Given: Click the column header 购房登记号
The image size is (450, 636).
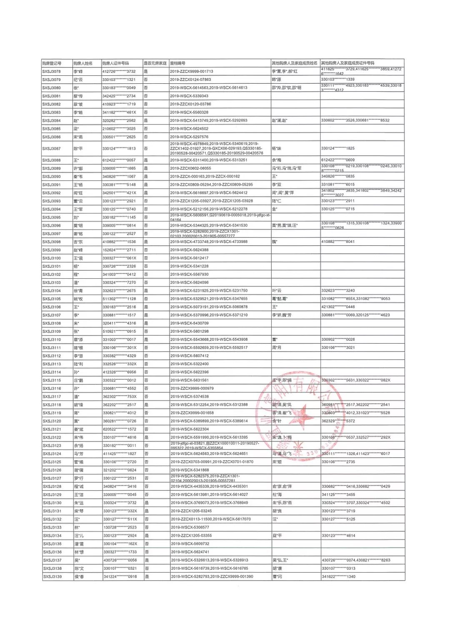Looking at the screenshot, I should tap(52, 63).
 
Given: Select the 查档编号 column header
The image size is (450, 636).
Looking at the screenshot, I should tap(178, 63).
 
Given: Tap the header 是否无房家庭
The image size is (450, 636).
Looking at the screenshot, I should tap(155, 63).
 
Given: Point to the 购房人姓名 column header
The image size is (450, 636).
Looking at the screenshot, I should tap(83, 63).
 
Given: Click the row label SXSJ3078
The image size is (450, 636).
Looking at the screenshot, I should tap(52, 72).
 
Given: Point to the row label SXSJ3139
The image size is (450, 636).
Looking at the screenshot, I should tap(52, 577).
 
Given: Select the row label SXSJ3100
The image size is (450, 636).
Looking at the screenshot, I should tap(52, 258).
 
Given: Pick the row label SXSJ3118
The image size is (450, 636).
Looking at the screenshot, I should tap(52, 405).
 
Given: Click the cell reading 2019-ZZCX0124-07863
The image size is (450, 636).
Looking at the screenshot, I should tap(190, 80).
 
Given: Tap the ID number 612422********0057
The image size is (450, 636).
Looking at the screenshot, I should tap(119, 160).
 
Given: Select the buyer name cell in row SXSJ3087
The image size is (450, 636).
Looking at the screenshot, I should tap(78, 149).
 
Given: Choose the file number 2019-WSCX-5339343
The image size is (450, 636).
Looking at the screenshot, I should tap(189, 96).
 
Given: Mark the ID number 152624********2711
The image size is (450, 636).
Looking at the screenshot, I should tap(119, 250).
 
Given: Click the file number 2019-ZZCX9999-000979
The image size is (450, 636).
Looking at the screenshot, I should tap(192, 389).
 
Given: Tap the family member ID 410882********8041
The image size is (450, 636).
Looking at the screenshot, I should tap(338, 242).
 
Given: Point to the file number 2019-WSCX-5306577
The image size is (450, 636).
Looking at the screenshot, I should tap(190, 528).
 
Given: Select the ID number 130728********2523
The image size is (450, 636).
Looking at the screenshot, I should tap(120, 528).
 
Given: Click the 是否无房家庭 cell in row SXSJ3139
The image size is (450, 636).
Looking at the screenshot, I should tap(147, 577).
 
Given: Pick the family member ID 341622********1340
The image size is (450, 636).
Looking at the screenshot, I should tap(339, 577).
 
